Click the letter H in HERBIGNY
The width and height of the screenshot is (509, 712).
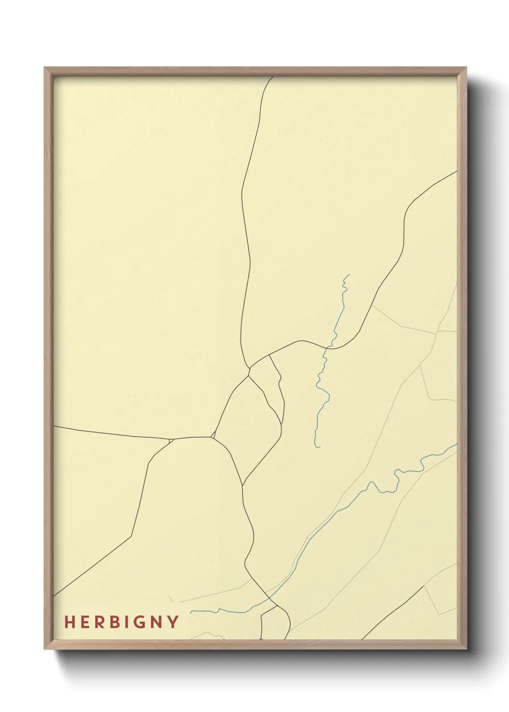click(x=69, y=622)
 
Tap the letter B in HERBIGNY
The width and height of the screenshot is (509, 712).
click(x=112, y=622)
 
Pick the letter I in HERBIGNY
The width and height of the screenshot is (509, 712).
click(x=126, y=622)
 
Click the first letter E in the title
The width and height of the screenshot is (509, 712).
click(x=83, y=622)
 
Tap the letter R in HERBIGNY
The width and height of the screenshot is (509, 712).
click(x=97, y=622)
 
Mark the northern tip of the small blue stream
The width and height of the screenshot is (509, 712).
click(x=349, y=275)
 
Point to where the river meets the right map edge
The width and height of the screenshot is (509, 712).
click(x=457, y=445)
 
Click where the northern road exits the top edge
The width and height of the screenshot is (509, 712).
click(x=273, y=76)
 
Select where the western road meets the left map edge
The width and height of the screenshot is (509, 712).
click(x=54, y=426)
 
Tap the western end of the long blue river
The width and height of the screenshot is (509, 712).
click(x=191, y=612)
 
